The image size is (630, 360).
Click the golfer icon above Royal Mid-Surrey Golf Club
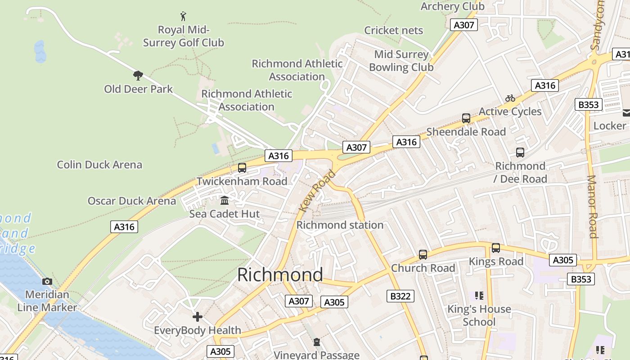[x=183, y=17]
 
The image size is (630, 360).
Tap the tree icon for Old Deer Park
[x=138, y=75]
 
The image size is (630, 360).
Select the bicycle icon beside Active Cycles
[x=510, y=98]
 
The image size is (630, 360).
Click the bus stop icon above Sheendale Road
[x=466, y=118]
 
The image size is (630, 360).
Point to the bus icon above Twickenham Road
[x=242, y=168]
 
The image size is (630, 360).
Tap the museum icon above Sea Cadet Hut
[x=225, y=200]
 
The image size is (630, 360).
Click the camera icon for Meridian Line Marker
[x=47, y=282]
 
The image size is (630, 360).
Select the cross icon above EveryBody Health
[x=198, y=317]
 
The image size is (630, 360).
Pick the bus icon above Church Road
[x=423, y=255]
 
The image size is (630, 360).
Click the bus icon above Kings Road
[x=496, y=248]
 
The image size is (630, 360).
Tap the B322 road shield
[x=400, y=296]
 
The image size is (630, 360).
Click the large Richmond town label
[x=280, y=274]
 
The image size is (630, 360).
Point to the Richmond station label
[x=340, y=225]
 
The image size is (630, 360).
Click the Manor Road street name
[x=592, y=207]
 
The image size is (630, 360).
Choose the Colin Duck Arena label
[x=99, y=165]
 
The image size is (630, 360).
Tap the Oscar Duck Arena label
[x=132, y=201]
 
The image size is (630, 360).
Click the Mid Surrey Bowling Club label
[x=401, y=61]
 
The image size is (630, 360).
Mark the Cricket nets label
[x=394, y=30]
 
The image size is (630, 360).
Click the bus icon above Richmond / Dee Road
[x=520, y=153]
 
